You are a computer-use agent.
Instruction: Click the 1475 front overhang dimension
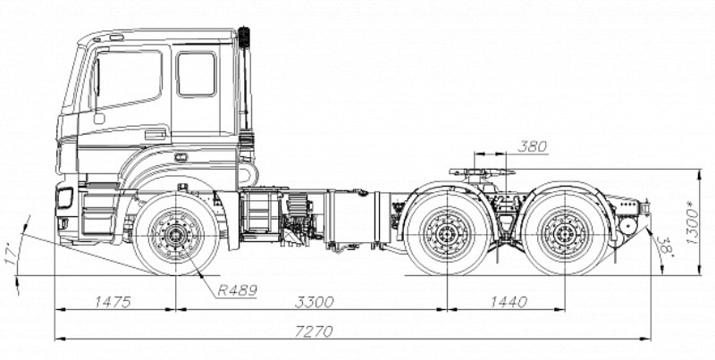pyautogui.click(x=111, y=302)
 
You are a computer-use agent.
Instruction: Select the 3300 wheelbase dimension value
pyautogui.click(x=311, y=302)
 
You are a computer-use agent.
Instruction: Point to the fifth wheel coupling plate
pyautogui.click(x=483, y=171)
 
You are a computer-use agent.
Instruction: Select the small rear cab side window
pyautogui.click(x=197, y=73)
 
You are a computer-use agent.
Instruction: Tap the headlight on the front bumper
pyautogui.click(x=64, y=197)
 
